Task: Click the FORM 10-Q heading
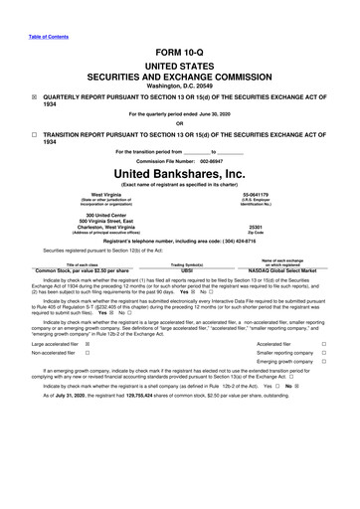coord(180,49)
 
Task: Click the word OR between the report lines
coord(180,123)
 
